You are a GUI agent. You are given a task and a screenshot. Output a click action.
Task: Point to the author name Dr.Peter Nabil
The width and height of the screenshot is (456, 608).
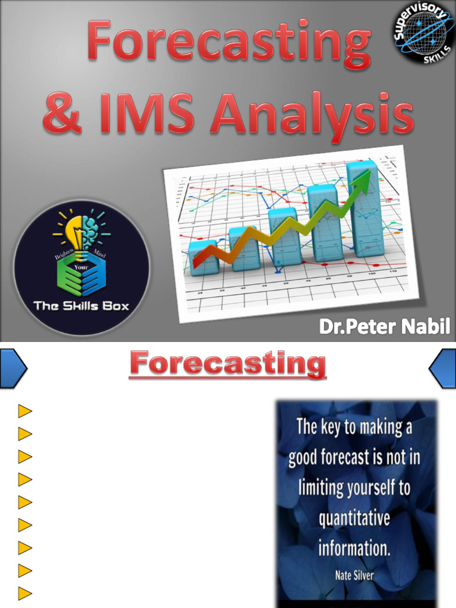385,326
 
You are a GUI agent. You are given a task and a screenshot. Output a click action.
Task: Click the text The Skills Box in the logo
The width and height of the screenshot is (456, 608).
81,306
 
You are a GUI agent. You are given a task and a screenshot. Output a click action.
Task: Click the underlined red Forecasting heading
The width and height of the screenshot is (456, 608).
228,364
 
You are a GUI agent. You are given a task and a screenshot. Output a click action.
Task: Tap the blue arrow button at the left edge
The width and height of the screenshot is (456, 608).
12,368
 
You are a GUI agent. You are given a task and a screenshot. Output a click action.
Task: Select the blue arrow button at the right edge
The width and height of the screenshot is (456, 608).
443,368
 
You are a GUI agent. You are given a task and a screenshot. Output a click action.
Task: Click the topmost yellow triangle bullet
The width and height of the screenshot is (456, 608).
24,411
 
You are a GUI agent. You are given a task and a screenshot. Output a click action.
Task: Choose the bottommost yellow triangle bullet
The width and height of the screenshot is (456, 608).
24,593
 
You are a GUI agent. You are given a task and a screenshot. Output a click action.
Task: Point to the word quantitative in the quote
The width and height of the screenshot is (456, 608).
354,518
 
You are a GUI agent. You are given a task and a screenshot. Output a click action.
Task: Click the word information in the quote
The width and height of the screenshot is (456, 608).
354,547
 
